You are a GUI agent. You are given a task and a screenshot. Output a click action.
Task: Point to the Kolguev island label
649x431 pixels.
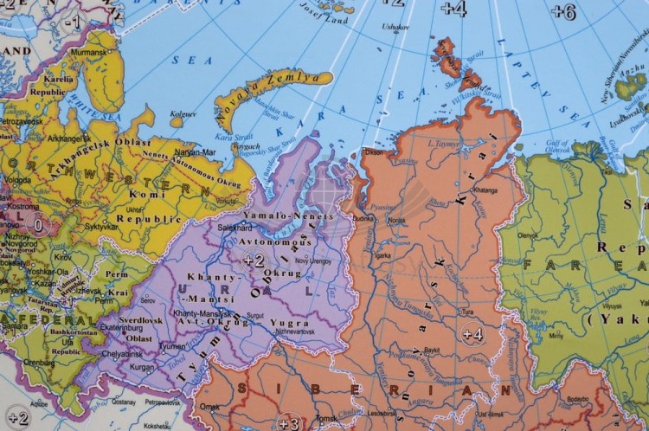coord(183,113)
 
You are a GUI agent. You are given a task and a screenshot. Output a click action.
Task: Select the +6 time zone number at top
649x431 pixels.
coord(563,11)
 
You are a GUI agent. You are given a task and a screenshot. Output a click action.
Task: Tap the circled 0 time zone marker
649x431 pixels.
coord(37,224)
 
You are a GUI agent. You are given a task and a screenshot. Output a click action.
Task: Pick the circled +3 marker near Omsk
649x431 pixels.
coord(288,422)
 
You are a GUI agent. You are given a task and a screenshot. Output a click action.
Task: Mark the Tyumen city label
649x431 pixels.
coord(172,346)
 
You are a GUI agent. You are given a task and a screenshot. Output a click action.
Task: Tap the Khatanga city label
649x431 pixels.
coord(485,190)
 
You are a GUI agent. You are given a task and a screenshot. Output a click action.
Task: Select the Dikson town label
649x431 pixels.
coord(374,152)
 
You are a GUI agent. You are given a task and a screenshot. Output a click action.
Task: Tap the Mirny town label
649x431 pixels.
coord(556,334)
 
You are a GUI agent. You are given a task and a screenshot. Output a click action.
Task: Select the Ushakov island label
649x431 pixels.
coord(395,28)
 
